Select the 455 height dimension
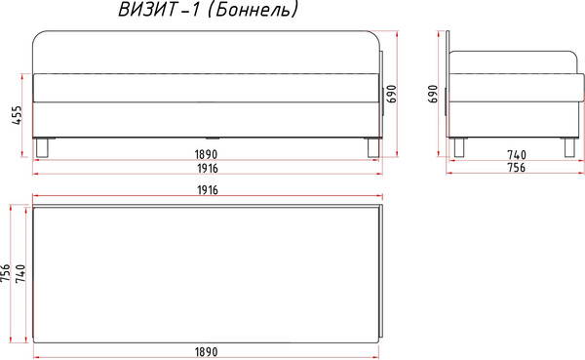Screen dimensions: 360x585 click(16, 116)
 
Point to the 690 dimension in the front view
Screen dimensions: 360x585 click(392, 93)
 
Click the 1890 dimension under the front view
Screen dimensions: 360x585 click(204, 154)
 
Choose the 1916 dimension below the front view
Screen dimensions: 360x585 click(204, 168)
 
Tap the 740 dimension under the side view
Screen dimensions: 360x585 click(516, 154)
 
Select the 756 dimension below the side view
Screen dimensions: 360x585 click(516, 168)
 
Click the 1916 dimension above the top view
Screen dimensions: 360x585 click(204, 189)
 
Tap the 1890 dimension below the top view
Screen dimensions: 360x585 click(204, 350)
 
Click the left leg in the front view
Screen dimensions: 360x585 click(42, 147)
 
